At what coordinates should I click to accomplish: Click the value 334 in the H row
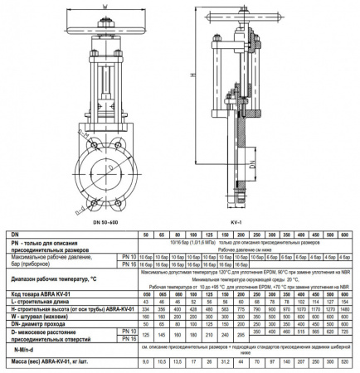tap(146, 308)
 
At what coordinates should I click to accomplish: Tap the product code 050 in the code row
tap(146, 293)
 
